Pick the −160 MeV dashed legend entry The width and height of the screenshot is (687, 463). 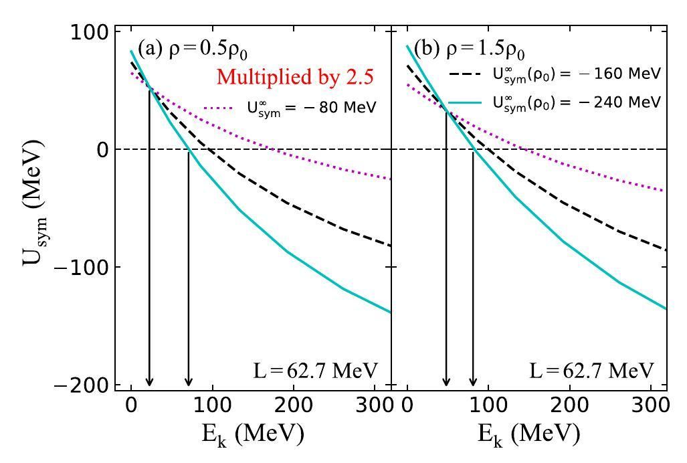(555, 74)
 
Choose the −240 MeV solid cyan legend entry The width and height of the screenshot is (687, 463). (555, 102)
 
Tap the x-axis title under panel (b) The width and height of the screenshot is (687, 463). (529, 434)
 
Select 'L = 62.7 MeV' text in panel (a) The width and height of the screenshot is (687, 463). (316, 370)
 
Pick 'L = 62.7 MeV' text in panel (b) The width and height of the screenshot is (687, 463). (591, 370)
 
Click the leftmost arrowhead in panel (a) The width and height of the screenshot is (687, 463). (149, 381)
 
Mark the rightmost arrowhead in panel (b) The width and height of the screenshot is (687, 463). (473, 381)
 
